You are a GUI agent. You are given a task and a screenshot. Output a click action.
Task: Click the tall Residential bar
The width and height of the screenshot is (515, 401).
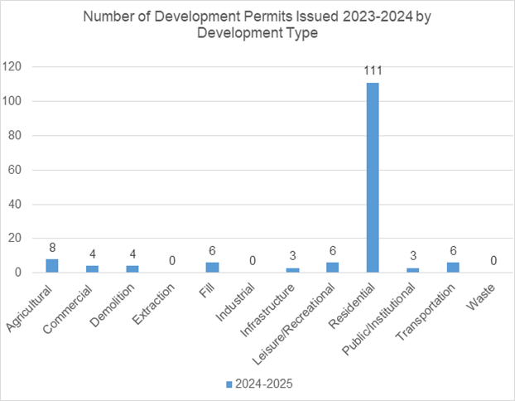[373, 177]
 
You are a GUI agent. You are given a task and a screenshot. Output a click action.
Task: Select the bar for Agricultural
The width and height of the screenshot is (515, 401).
[52, 265]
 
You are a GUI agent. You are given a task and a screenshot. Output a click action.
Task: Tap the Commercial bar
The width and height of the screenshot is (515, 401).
[92, 268]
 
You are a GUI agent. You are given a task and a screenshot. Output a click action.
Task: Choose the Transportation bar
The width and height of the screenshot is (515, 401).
[452, 267]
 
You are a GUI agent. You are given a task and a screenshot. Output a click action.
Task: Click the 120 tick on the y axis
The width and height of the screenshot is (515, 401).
[16, 67]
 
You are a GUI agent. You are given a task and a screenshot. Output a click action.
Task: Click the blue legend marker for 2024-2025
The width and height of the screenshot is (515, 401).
[229, 384]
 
